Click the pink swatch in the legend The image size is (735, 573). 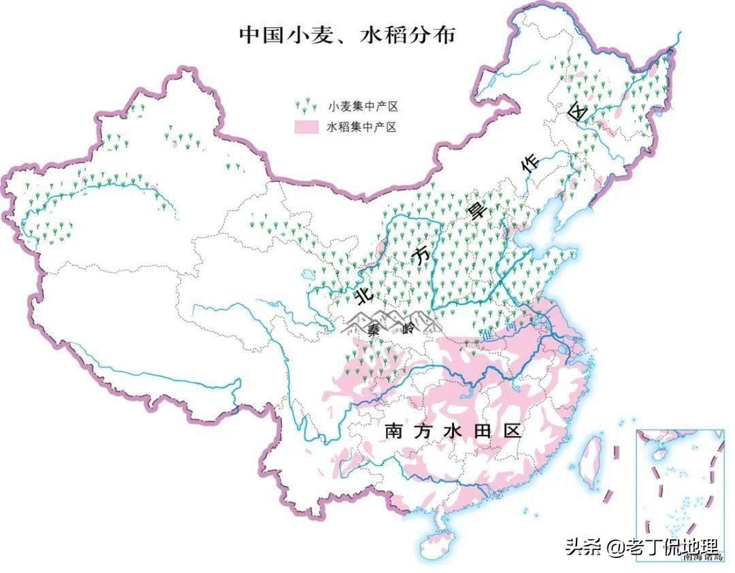[x=306, y=127]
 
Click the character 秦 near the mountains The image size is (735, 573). [x=373, y=330]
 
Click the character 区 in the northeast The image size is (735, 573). [x=578, y=112]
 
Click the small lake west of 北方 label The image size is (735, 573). [x=307, y=276]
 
